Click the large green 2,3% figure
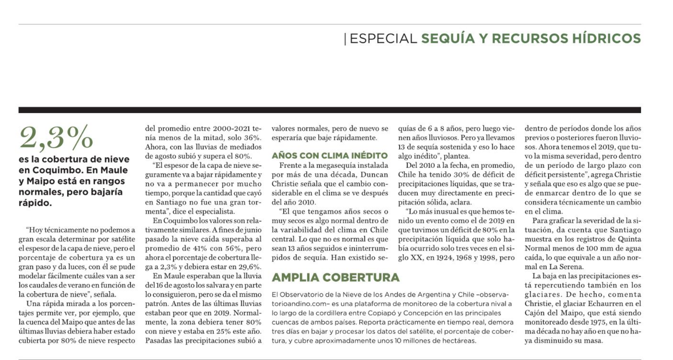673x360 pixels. pos(56,137)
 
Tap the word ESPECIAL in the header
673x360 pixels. pos(383,39)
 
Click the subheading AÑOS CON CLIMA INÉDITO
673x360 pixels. pos(330,156)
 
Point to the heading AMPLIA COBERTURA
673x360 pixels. pos(336,278)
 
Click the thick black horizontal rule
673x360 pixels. pos(330,110)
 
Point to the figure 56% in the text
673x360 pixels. pos(230,248)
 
